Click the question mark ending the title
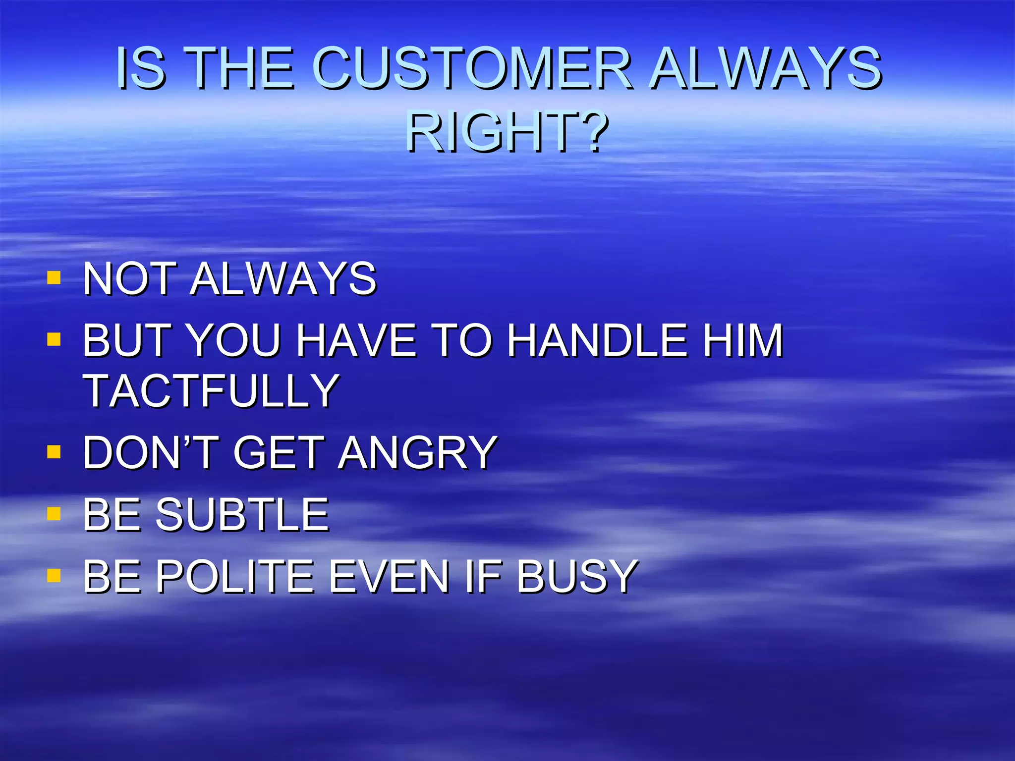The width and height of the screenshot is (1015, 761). point(592,132)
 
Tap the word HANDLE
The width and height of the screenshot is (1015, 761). point(598,340)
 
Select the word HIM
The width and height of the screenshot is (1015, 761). point(743,340)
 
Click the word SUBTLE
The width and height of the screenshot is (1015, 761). point(242,515)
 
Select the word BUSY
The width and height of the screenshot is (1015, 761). point(577,576)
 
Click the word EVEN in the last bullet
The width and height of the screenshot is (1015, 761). point(389,576)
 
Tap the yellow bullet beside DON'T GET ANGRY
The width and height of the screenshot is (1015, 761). point(54,452)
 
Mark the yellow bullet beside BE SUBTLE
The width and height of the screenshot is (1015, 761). point(54,513)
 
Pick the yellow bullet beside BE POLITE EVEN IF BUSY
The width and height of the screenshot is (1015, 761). point(54,575)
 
